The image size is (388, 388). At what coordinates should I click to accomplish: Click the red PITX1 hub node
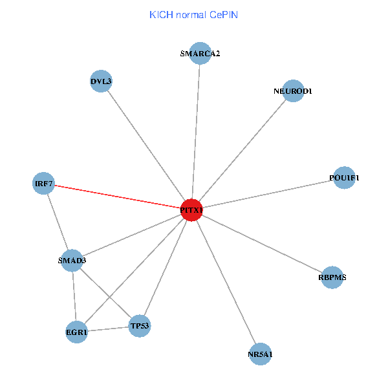[x=191, y=210]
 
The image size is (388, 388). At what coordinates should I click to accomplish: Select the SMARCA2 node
[x=200, y=54]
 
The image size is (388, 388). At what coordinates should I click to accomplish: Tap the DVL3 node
[x=101, y=81]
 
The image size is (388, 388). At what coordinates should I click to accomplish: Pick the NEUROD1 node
[x=293, y=91]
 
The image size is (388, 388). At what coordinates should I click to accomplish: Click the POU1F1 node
[x=344, y=178]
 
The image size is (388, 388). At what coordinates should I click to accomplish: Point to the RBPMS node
[x=332, y=277]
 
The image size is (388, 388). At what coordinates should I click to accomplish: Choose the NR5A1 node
[x=260, y=354]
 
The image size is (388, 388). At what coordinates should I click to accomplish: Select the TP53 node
[x=140, y=326]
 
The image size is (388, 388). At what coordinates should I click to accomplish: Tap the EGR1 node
[x=76, y=332]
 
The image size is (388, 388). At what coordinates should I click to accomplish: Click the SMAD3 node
[x=72, y=261]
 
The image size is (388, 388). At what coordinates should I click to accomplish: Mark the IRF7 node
[x=43, y=184]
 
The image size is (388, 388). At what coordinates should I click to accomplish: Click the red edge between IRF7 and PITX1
[x=116, y=197]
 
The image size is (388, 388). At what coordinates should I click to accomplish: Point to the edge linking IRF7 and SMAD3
[x=58, y=222]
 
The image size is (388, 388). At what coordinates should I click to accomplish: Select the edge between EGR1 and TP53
[x=108, y=329]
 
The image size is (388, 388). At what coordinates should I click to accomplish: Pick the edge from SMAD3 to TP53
[x=106, y=293]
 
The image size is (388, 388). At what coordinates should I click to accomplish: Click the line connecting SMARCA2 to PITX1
[x=196, y=129]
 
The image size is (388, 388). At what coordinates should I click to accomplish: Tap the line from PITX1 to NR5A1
[x=226, y=282]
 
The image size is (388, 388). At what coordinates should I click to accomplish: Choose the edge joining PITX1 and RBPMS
[x=261, y=244]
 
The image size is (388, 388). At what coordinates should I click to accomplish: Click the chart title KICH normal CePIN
[x=193, y=14]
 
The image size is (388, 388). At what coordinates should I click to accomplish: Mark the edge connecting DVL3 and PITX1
[x=146, y=145]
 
